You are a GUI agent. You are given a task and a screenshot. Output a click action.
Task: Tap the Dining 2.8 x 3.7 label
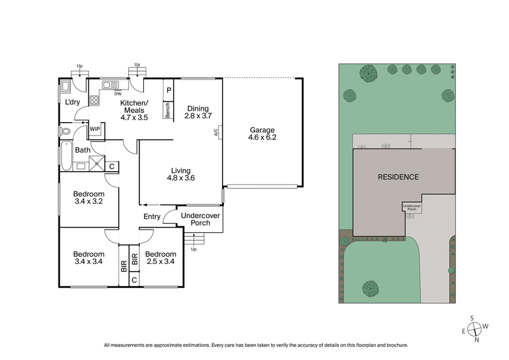coord(197,111)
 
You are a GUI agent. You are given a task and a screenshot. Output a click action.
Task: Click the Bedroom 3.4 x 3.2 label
coord(88,198)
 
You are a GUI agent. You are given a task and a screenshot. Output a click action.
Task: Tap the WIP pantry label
coord(95,129)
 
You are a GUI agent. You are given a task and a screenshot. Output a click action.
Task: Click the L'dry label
coord(72,102)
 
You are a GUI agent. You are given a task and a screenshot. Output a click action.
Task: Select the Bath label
coord(83,150)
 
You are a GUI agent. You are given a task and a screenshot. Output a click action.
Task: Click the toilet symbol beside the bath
coord(65,132)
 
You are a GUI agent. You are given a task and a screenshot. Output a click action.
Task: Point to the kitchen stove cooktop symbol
coord(94,99)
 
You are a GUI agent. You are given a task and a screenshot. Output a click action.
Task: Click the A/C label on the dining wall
coord(216,133)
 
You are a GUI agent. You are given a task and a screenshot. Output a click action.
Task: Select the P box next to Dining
coord(169,90)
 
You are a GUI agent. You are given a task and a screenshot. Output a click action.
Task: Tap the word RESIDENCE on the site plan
coord(398,177)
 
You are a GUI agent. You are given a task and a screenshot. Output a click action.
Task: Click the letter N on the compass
coord(475,340)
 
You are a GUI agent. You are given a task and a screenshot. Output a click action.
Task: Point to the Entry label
coord(152,217)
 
